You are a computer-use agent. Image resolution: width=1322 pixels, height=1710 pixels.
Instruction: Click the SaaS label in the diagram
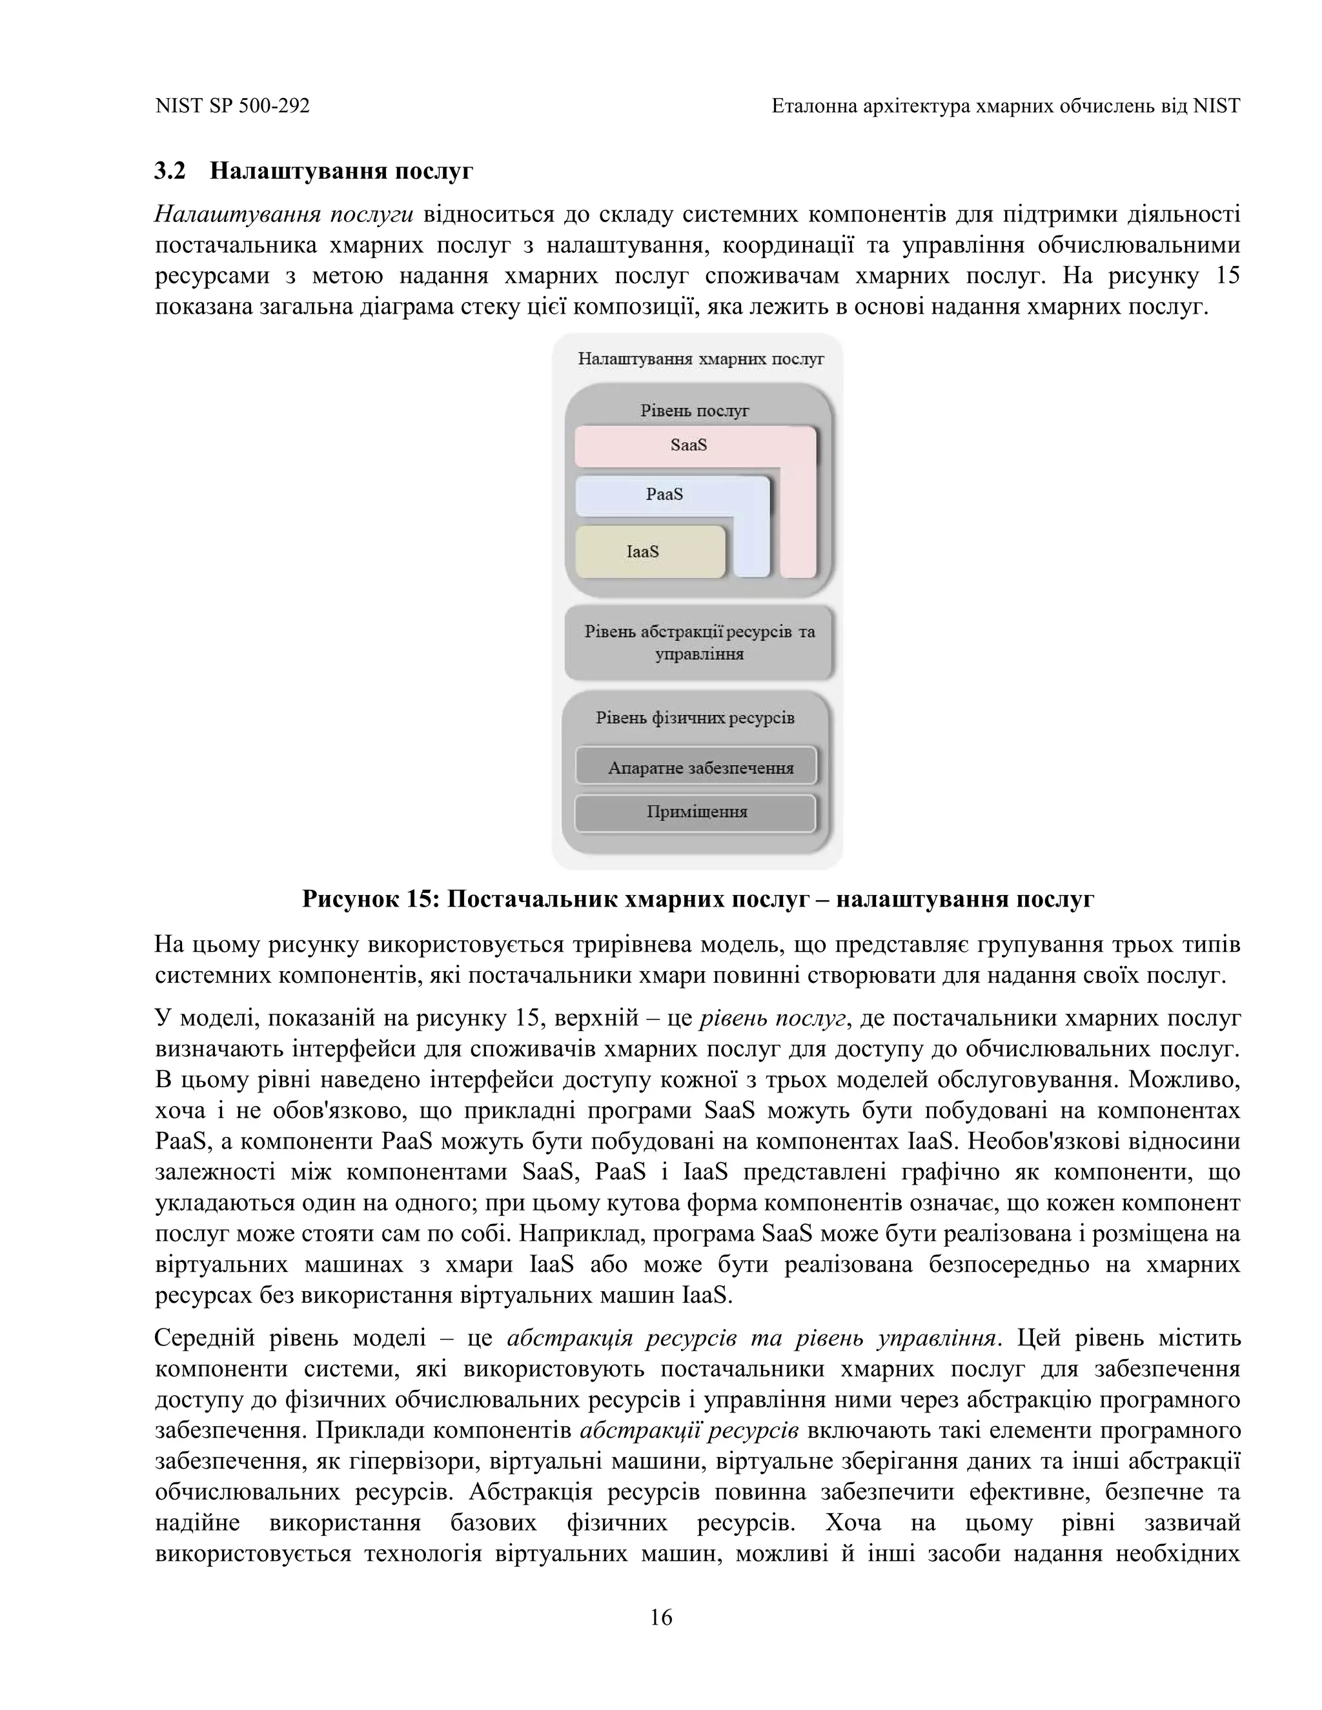pyautogui.click(x=688, y=445)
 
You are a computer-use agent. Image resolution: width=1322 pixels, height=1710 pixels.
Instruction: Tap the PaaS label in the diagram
pyautogui.click(x=664, y=494)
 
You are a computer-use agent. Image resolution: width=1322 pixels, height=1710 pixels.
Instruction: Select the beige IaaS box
pyautogui.click(x=650, y=552)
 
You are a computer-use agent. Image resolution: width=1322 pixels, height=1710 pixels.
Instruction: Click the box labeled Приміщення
pyautogui.click(x=697, y=812)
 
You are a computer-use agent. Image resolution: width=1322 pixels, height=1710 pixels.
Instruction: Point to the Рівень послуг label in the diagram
pyautogui.click(x=695, y=410)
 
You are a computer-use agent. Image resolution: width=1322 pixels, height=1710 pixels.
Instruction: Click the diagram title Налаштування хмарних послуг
pyautogui.click(x=700, y=359)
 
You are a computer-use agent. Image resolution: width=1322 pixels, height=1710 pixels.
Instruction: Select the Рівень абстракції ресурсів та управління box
pyautogui.click(x=699, y=642)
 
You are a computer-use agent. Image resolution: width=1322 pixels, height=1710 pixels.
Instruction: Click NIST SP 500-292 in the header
pyautogui.click(x=232, y=106)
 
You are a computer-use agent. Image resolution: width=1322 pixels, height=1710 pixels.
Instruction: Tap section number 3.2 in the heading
pyautogui.click(x=170, y=171)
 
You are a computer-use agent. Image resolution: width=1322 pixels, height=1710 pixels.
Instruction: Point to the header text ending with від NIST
pyautogui.click(x=1005, y=106)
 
